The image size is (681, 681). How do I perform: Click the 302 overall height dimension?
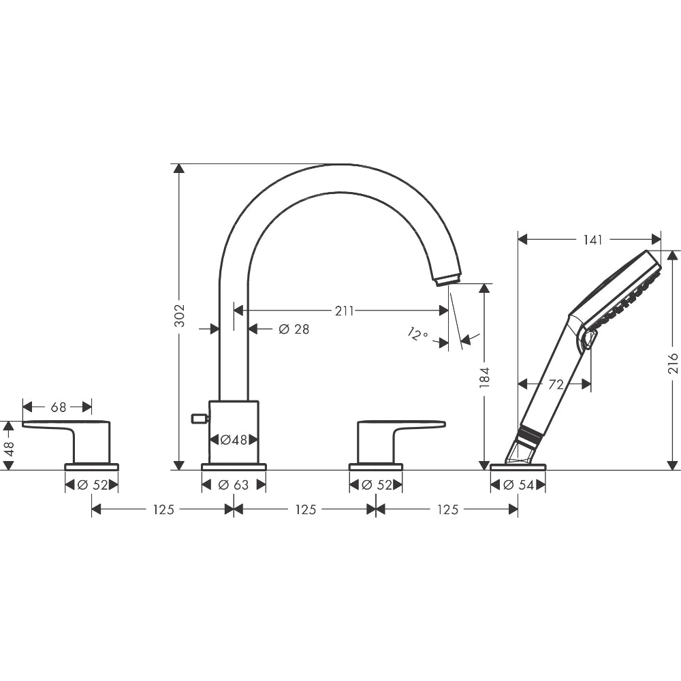click(x=179, y=316)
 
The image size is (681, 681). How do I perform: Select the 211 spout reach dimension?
click(x=344, y=311)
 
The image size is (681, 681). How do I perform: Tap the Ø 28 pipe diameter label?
click(x=294, y=329)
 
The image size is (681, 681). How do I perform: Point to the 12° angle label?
click(x=418, y=334)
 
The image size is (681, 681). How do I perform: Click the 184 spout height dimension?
click(x=485, y=377)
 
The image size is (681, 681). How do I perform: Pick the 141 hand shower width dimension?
click(x=593, y=240)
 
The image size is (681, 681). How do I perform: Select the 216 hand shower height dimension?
click(x=673, y=363)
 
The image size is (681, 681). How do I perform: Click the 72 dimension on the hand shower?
click(x=556, y=384)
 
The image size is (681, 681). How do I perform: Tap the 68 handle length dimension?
click(x=59, y=407)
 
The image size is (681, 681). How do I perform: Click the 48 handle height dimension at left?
click(x=9, y=447)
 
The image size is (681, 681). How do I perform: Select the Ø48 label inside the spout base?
click(x=234, y=440)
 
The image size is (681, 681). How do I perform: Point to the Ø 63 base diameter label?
click(x=234, y=485)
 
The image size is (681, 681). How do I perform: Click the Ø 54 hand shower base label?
click(x=518, y=485)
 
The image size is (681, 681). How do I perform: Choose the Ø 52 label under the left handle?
click(x=93, y=485)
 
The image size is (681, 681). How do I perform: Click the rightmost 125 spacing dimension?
click(x=448, y=509)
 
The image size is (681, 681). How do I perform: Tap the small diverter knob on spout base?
click(x=200, y=418)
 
